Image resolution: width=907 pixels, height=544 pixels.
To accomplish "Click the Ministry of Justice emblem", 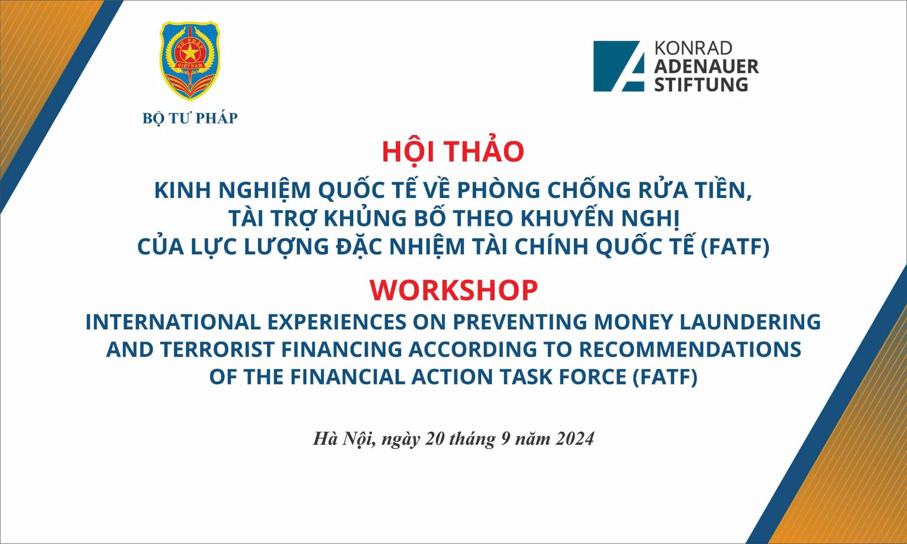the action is [190, 61].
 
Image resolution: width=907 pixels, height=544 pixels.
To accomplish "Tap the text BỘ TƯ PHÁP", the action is [190, 118].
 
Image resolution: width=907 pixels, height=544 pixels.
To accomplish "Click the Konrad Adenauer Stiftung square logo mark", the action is [619, 66].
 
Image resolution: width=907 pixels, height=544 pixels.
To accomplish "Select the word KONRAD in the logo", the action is [693, 48].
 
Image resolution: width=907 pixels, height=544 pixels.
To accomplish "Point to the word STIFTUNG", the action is [701, 84].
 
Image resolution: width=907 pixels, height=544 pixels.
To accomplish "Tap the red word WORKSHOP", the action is [454, 290].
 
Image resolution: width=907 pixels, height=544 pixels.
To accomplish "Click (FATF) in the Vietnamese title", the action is [735, 247].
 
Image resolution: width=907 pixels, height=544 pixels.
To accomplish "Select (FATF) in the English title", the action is [665, 377].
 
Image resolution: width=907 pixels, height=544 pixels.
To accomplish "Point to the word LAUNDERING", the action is [750, 322].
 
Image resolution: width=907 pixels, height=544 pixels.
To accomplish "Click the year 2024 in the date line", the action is [575, 439].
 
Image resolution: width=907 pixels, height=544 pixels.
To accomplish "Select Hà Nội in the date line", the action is [343, 439].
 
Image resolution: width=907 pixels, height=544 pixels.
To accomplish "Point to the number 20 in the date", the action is [435, 439].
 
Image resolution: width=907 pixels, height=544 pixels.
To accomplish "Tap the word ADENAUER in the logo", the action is [706, 66].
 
